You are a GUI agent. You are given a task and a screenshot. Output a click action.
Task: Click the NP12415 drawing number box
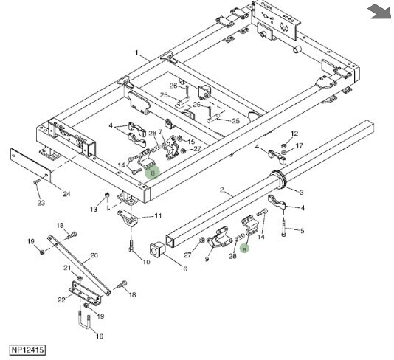click(27, 350)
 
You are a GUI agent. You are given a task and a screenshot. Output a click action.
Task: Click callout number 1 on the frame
click(137, 53)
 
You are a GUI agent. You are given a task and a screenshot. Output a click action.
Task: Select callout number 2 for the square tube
click(221, 190)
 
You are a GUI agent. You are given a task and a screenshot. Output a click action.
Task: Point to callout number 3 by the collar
click(302, 193)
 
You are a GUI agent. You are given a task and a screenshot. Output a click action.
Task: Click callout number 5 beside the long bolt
click(303, 231)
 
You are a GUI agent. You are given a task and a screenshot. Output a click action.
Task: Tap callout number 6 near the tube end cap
click(185, 269)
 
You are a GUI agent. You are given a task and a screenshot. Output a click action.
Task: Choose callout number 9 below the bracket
click(207, 259)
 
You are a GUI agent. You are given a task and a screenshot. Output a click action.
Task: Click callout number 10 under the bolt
click(146, 262)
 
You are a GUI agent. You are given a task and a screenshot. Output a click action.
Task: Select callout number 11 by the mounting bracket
click(158, 216)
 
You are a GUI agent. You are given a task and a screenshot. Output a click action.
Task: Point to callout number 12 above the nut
click(294, 134)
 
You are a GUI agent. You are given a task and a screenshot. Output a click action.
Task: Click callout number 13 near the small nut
click(94, 209)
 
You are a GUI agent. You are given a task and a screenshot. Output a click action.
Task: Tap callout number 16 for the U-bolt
click(100, 336)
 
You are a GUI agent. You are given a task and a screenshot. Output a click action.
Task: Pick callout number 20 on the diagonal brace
click(94, 255)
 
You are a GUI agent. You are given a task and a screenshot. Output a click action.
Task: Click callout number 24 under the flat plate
click(66, 194)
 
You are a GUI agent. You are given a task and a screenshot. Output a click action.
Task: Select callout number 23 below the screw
click(41, 203)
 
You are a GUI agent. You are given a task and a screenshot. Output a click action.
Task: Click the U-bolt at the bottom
click(85, 322)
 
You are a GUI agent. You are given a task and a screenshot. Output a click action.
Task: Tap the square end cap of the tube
click(157, 249)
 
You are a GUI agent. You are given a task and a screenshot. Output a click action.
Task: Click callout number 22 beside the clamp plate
click(61, 300)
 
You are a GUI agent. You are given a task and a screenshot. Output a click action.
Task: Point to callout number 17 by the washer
click(299, 146)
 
